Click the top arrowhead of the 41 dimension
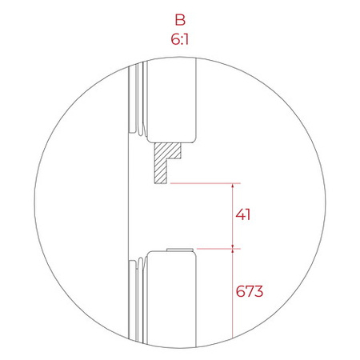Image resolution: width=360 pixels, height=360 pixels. (233, 187)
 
